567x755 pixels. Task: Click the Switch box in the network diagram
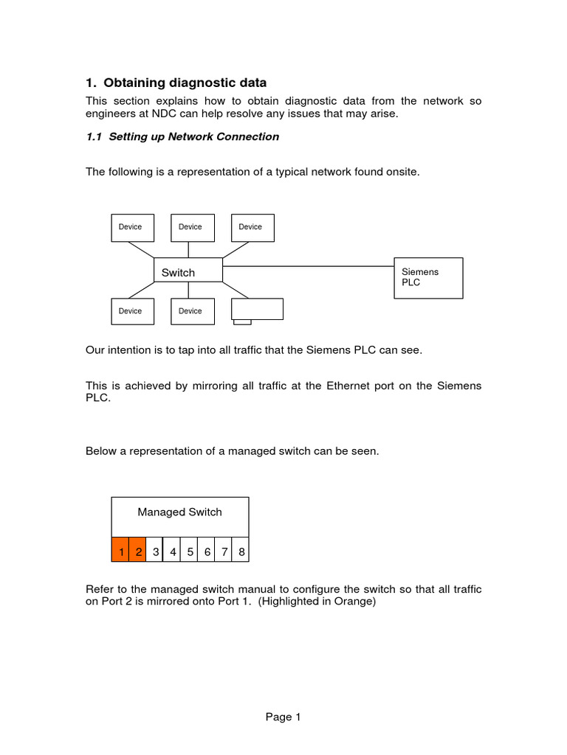(188, 270)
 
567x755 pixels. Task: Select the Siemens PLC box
(428, 278)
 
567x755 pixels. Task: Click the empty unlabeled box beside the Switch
(257, 309)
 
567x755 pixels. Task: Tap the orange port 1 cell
(120, 551)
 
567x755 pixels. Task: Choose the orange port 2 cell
(138, 551)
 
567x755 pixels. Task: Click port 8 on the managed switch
(241, 551)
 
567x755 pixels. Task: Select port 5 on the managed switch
(190, 551)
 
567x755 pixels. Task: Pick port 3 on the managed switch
(155, 551)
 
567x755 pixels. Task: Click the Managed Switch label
(179, 512)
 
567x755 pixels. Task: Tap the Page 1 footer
(283, 717)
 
